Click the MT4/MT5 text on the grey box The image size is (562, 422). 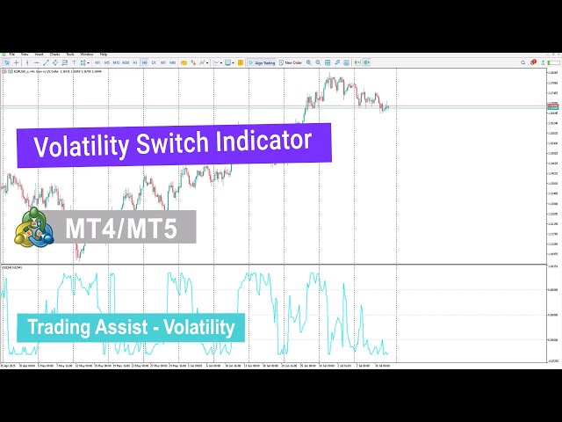click(120, 229)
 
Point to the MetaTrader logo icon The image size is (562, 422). click(33, 229)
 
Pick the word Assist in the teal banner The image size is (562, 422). click(123, 328)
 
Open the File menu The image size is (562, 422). click(12, 55)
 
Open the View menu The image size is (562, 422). click(25, 55)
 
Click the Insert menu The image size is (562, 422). click(39, 55)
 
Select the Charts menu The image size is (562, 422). click(54, 55)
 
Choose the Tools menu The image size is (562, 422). click(70, 55)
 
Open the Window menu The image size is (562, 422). click(87, 55)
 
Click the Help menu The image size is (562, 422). click(104, 55)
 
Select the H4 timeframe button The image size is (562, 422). click(144, 62)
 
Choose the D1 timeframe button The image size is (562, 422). click(154, 62)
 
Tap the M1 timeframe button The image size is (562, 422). click(97, 62)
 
